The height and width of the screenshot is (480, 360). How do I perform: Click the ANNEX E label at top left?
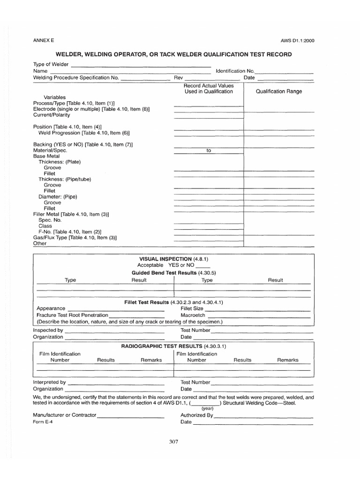click(43, 40)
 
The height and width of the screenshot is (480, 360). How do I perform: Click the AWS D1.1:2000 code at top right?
click(297, 40)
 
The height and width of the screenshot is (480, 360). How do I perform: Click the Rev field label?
click(178, 78)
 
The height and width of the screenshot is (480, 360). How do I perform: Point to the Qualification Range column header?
click(279, 91)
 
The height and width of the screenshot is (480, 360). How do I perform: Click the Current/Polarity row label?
click(52, 115)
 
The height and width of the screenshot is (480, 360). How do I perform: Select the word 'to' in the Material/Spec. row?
click(209, 151)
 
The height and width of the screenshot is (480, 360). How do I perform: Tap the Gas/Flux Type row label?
click(75, 238)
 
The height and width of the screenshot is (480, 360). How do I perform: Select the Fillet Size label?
click(192, 308)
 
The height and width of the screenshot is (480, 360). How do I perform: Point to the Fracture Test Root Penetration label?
click(72, 315)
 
